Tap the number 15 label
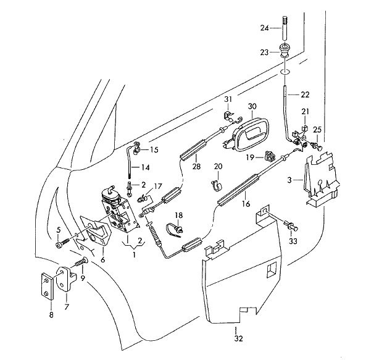coord(153,149)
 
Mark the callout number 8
coord(51,315)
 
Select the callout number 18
coord(178,215)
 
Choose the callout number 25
coord(317,130)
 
